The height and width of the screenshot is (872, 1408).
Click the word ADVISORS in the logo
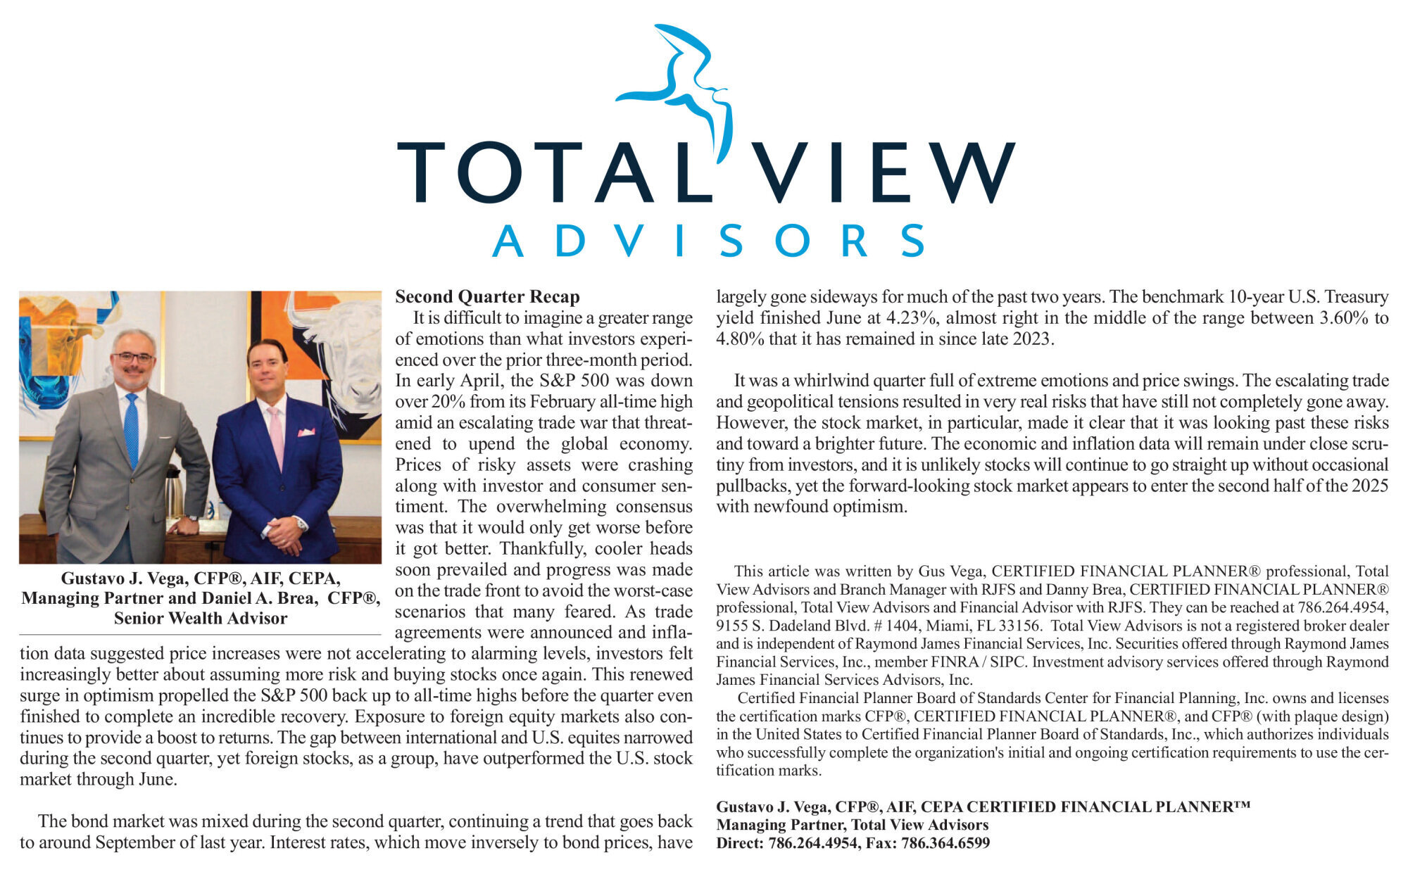coord(708,241)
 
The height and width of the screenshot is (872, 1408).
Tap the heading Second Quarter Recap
coord(487,297)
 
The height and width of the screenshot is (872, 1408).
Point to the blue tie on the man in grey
coord(132,430)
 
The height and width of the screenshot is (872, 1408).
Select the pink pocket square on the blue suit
coord(306,432)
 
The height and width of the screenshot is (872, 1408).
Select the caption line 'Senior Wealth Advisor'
coord(201,619)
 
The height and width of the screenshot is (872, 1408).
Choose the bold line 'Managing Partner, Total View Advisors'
coord(852,825)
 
